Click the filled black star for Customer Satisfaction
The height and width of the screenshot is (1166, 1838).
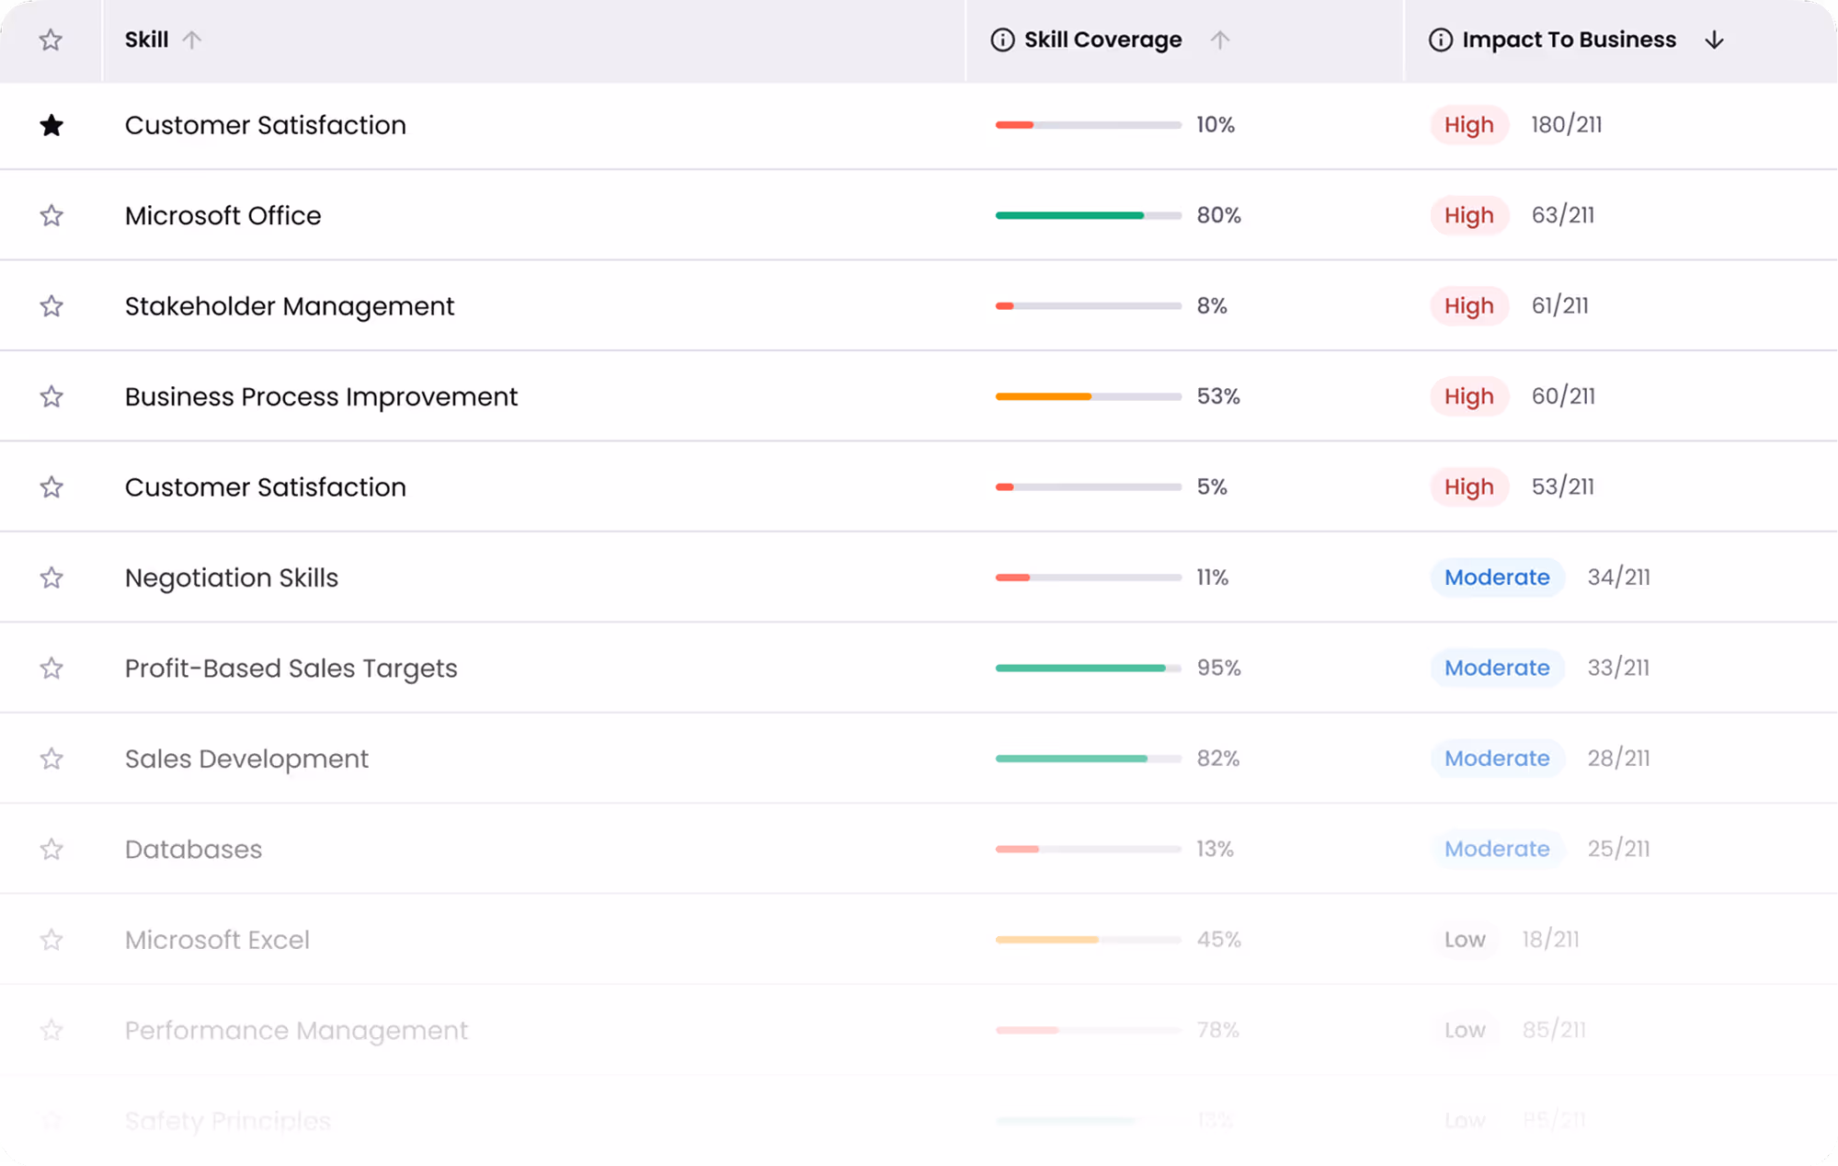click(x=51, y=125)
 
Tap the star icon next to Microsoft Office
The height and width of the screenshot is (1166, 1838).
click(x=51, y=215)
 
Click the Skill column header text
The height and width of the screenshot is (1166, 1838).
click(x=146, y=40)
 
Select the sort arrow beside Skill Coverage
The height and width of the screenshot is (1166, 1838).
click(x=1219, y=40)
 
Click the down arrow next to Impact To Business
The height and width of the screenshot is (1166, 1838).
click(x=1714, y=40)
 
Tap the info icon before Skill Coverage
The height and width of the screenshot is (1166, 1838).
click(x=1002, y=40)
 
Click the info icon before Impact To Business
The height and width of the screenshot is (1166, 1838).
click(x=1440, y=40)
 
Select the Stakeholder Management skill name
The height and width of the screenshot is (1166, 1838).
click(x=290, y=306)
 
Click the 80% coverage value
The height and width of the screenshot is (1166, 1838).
click(x=1218, y=215)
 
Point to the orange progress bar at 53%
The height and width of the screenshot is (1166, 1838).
click(x=1044, y=396)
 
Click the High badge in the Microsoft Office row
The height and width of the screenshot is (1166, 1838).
click(x=1468, y=215)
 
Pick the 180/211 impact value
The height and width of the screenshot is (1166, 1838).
click(x=1566, y=125)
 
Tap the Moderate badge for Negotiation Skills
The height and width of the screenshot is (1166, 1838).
click(x=1497, y=577)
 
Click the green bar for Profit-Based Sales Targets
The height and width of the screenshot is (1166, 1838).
click(x=1080, y=669)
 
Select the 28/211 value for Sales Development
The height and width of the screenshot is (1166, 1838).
click(x=1618, y=759)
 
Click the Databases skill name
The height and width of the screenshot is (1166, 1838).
click(x=193, y=850)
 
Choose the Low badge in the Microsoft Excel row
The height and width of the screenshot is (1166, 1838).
click(x=1465, y=940)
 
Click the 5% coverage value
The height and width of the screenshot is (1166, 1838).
click(x=1212, y=487)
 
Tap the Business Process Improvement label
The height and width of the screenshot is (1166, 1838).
click(x=321, y=396)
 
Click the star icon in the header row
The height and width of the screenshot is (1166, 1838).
click(x=51, y=40)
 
